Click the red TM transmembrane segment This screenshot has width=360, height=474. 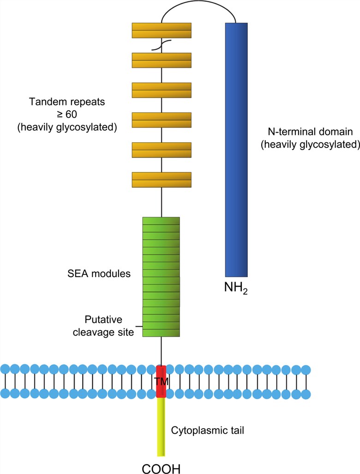[x=161, y=381]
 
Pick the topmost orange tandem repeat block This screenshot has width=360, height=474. [x=162, y=30]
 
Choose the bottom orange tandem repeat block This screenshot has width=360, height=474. [x=162, y=180]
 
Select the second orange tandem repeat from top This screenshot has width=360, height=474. [x=162, y=60]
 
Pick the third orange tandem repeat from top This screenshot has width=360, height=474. [x=162, y=90]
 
